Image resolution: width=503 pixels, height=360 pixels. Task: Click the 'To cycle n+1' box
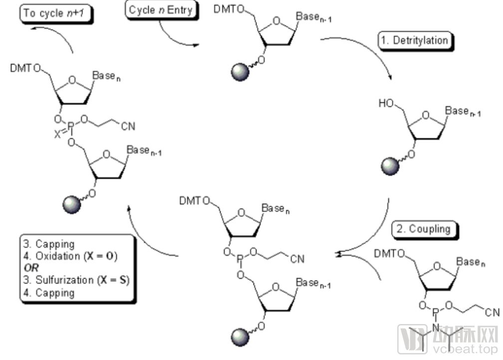(x=56, y=14)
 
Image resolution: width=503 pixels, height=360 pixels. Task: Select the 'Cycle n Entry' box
(x=161, y=10)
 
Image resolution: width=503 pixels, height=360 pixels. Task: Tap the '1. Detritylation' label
(x=415, y=41)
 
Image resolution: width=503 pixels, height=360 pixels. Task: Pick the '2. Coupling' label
(x=425, y=229)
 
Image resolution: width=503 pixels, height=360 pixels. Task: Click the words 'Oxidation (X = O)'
(x=76, y=256)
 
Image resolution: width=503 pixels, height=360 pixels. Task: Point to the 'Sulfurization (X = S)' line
(x=76, y=280)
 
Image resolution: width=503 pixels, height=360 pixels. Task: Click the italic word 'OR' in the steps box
(x=31, y=268)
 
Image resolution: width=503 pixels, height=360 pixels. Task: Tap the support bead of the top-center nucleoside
(x=240, y=72)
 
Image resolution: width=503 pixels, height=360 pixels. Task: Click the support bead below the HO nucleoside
(x=390, y=166)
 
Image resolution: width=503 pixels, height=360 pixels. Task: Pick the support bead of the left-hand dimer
(x=71, y=204)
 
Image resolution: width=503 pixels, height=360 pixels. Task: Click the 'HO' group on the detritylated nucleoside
(x=386, y=103)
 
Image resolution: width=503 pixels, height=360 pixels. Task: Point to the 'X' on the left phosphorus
(x=57, y=134)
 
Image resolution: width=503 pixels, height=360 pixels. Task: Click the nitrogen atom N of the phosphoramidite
(x=436, y=328)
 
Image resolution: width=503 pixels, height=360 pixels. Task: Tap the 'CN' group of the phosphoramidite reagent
(x=492, y=313)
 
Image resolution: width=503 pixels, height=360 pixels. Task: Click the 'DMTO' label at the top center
(x=229, y=9)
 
